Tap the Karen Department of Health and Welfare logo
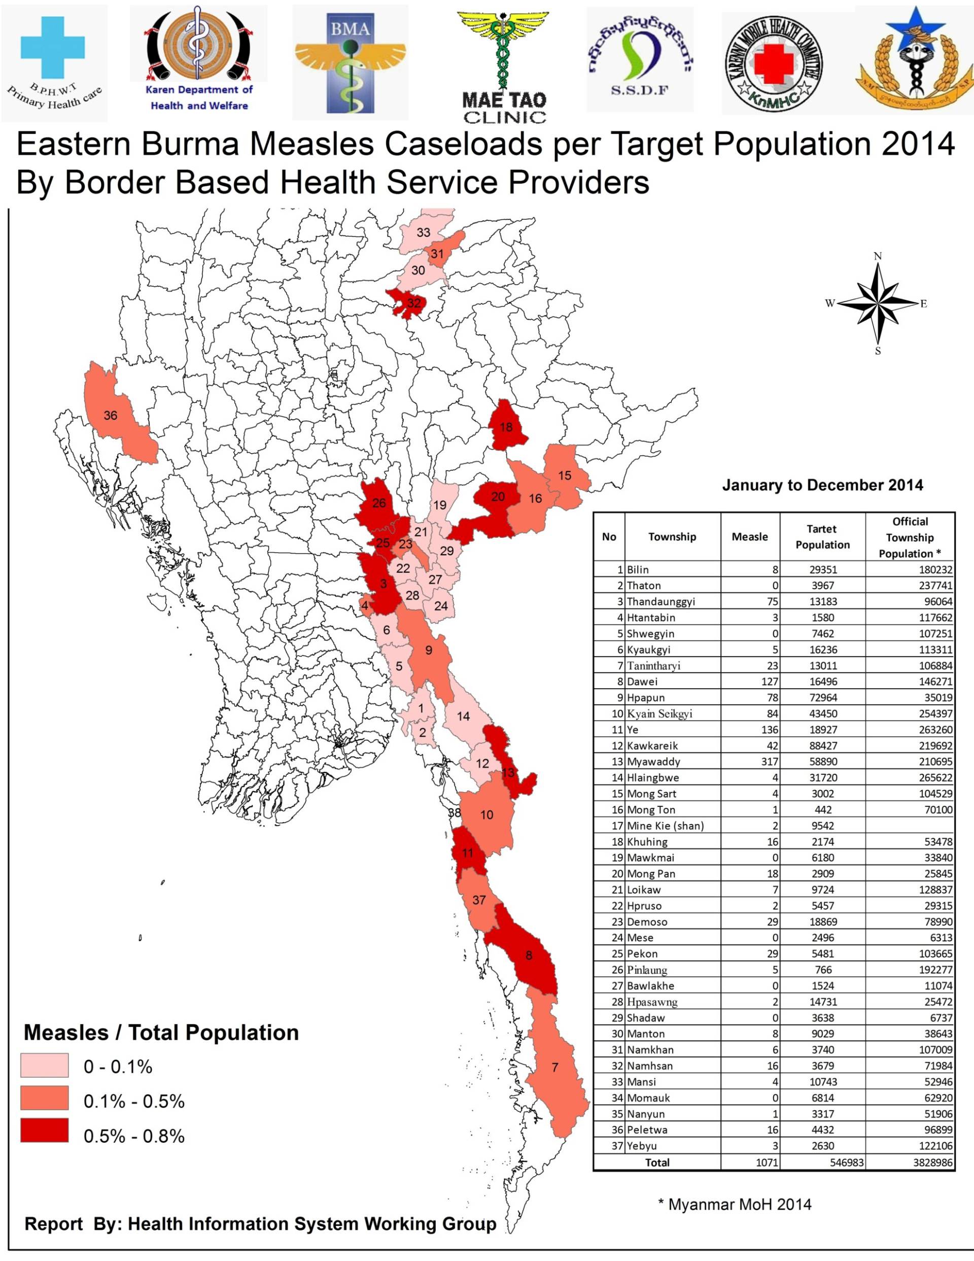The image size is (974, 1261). pyautogui.click(x=199, y=58)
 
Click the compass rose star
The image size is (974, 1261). pyautogui.click(x=878, y=303)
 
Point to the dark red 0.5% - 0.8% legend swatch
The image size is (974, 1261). pyautogui.click(x=45, y=1130)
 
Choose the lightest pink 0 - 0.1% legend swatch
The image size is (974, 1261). pyautogui.click(x=45, y=1065)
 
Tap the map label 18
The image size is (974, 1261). pyautogui.click(x=506, y=427)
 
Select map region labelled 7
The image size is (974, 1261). pyautogui.click(x=555, y=1067)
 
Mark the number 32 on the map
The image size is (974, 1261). pyautogui.click(x=414, y=302)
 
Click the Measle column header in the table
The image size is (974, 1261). pyautogui.click(x=749, y=536)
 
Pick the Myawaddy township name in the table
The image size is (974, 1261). pyautogui.click(x=653, y=762)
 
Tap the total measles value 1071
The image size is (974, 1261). pyautogui.click(x=767, y=1162)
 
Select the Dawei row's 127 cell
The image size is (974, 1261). pyautogui.click(x=769, y=681)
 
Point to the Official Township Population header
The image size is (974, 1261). pyautogui.click(x=910, y=537)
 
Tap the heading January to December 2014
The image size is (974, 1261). pyautogui.click(x=822, y=485)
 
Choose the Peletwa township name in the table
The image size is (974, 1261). pyautogui.click(x=645, y=1130)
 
